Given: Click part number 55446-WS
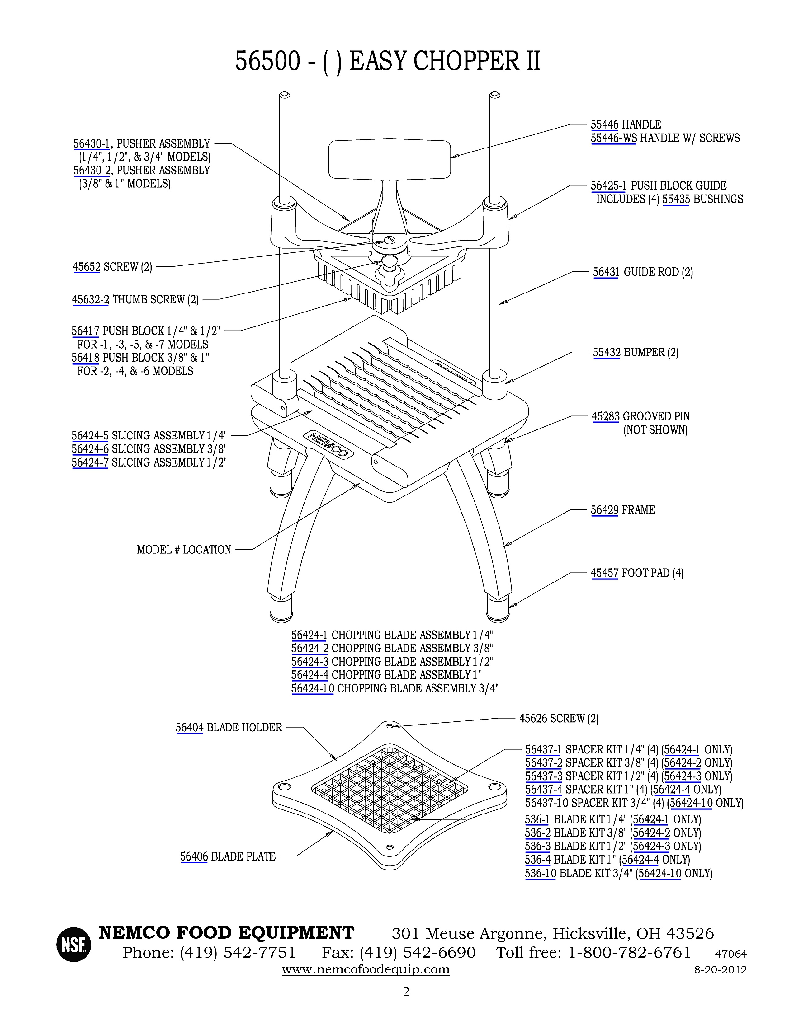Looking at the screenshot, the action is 613,138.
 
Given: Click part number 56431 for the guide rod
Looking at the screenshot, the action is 605,272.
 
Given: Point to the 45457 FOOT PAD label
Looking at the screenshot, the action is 637,573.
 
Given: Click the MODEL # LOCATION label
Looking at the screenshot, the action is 184,550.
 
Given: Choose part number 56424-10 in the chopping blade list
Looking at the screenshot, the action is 312,689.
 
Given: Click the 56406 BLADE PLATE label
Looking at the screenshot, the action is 228,856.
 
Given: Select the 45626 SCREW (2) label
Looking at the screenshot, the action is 559,719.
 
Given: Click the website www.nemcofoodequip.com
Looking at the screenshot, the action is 366,970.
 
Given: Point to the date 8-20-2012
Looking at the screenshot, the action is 721,970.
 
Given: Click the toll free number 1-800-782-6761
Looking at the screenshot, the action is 629,952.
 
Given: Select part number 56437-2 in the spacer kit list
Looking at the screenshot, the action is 544,763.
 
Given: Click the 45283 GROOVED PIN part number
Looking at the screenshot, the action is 605,417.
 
